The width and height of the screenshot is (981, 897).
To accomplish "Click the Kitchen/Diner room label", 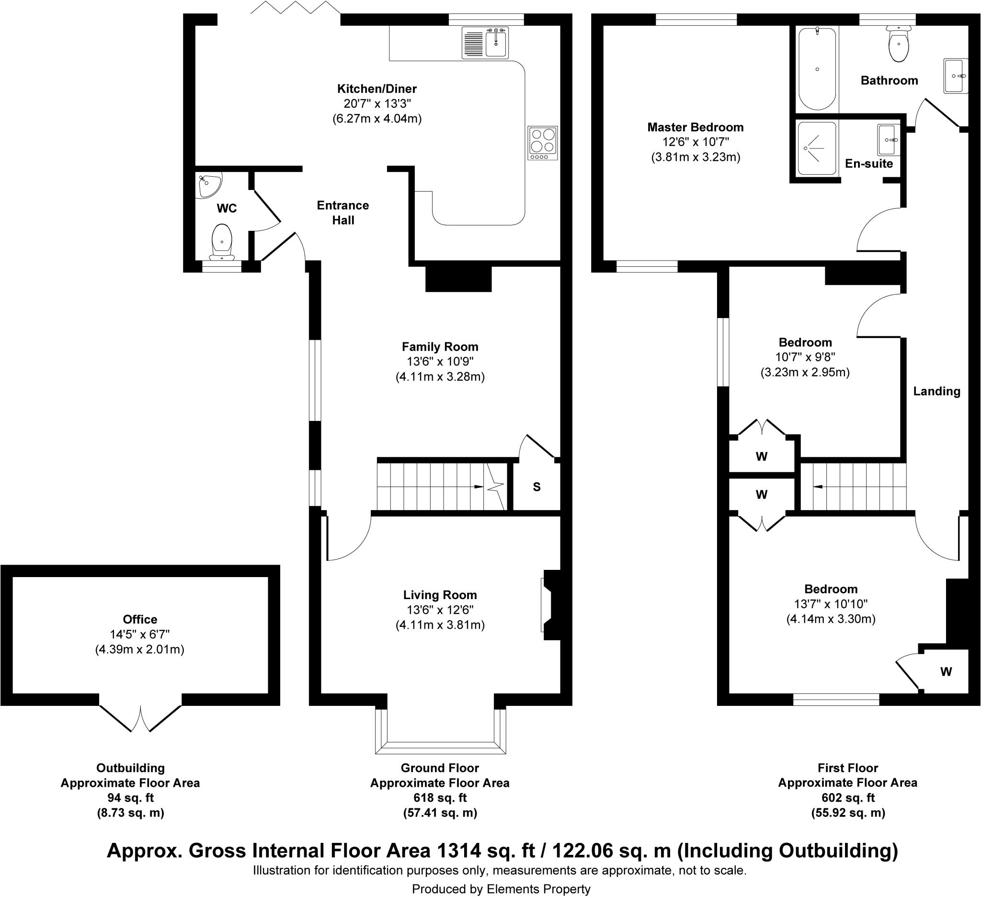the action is (377, 89).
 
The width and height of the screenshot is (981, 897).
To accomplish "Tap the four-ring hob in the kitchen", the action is (543, 143).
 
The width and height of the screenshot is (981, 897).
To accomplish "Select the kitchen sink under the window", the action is (486, 43).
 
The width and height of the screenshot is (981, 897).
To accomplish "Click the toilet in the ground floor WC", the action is (222, 242).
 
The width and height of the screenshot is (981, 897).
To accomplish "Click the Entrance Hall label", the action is (343, 213).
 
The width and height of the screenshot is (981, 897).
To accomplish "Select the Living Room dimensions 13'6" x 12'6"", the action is (440, 610).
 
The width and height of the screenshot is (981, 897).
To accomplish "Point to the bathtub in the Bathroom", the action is (818, 68).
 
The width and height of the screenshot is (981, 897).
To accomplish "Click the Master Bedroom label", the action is (696, 127).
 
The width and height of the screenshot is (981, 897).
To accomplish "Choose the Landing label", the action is (937, 391).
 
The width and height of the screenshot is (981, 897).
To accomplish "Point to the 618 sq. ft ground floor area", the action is (440, 798).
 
